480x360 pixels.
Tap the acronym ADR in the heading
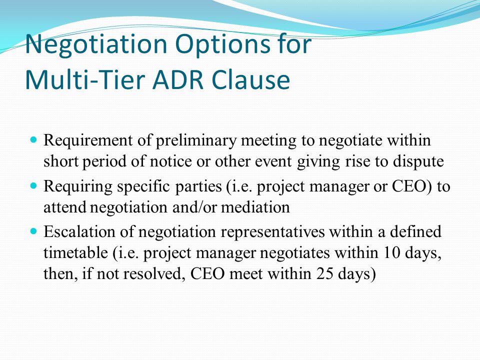click(x=178, y=79)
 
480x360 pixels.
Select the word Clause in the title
click(x=250, y=79)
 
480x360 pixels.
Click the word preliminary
click(x=196, y=141)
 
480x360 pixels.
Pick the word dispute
click(x=418, y=162)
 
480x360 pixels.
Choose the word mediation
click(x=255, y=207)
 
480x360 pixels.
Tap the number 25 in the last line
click(x=325, y=273)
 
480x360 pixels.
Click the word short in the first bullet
click(x=61, y=161)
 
